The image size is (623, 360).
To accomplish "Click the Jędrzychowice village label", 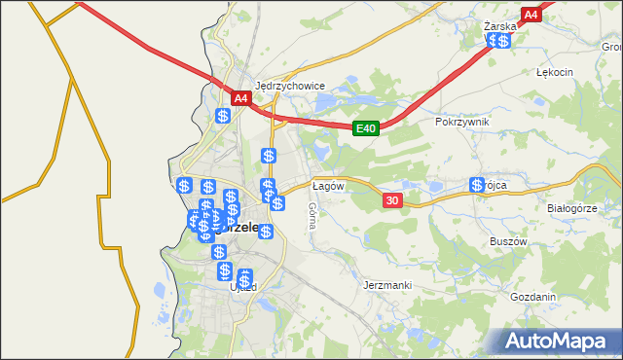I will (x=289, y=86).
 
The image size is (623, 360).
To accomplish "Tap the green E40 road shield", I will (x=365, y=127).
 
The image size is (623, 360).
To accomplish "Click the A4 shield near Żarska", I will (x=531, y=15).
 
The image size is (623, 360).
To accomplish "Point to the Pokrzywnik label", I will (x=462, y=122).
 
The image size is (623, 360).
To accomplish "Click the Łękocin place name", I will (x=555, y=72).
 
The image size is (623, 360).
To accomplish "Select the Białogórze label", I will (x=570, y=208).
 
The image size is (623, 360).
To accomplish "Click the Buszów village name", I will (x=507, y=241).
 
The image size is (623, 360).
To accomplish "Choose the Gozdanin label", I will (x=532, y=297).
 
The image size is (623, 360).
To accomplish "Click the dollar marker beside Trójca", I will (x=477, y=185).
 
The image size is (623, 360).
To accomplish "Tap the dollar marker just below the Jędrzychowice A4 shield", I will (x=223, y=116).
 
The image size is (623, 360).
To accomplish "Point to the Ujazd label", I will (x=241, y=288).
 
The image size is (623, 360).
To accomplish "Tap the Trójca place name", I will (x=497, y=184).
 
